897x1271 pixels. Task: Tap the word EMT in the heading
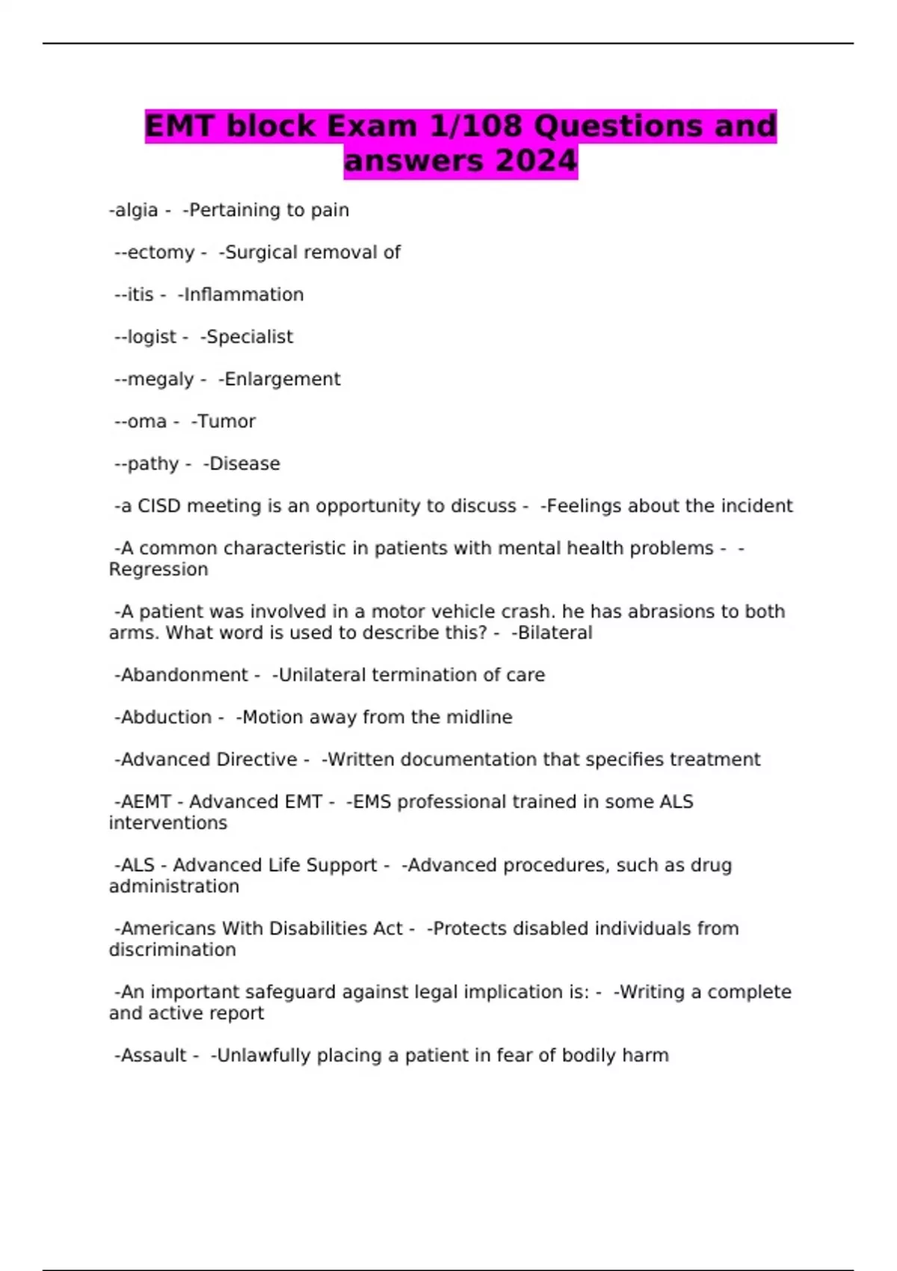(178, 126)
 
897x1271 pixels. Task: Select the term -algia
(134, 210)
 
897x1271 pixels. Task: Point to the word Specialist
(250, 337)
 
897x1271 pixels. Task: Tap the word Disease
(244, 464)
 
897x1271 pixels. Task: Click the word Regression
(158, 570)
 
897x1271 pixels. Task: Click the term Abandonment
(184, 675)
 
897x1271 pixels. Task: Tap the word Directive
(256, 760)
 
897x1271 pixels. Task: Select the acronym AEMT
(146, 802)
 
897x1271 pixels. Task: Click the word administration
(174, 887)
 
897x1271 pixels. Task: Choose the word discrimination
(173, 950)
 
